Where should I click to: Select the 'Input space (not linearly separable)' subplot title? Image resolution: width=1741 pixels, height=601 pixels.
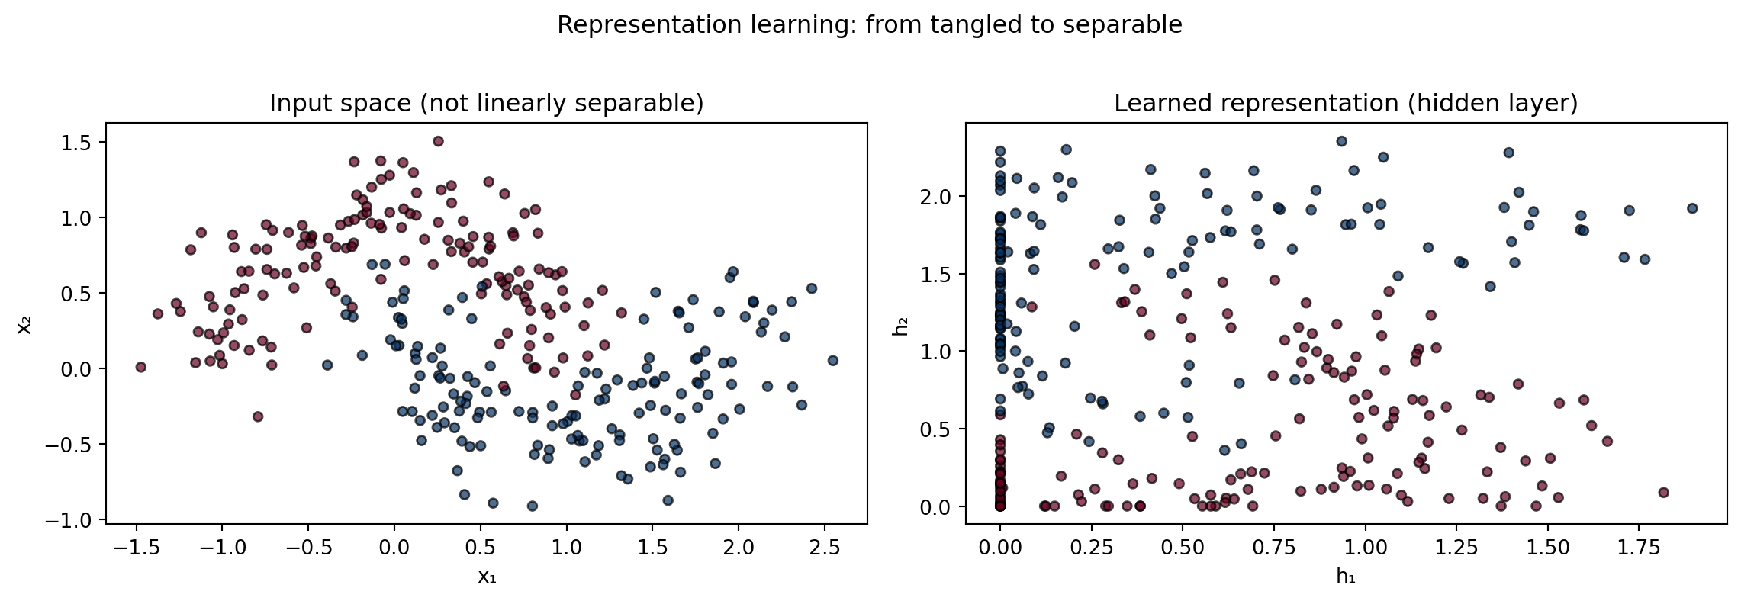tap(487, 104)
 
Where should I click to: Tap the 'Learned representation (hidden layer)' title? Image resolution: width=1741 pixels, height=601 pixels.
tap(1346, 104)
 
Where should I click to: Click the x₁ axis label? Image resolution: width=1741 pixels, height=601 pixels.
tap(487, 576)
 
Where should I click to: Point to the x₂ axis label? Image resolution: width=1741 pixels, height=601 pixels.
tap(25, 323)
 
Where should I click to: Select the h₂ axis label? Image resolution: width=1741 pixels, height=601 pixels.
tap(900, 323)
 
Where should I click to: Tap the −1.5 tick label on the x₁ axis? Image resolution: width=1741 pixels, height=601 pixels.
tap(136, 547)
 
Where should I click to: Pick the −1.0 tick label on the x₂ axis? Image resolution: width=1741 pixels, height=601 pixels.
tap(69, 520)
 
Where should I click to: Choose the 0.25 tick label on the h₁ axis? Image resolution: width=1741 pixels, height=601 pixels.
tap(1091, 547)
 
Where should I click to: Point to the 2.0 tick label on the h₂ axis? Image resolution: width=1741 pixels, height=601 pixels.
tap(937, 196)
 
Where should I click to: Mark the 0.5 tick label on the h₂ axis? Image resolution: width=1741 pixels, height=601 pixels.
tap(937, 429)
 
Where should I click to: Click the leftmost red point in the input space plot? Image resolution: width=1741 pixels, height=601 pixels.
tap(140, 367)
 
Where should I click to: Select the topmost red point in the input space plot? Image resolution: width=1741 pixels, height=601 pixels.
tap(438, 141)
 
